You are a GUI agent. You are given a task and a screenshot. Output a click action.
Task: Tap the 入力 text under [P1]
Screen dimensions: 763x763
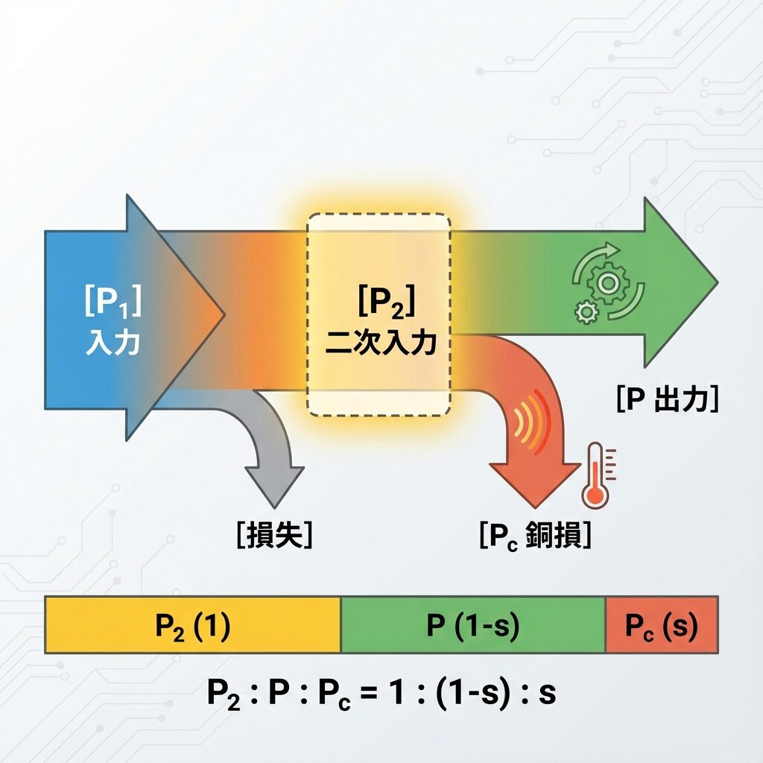[113, 343]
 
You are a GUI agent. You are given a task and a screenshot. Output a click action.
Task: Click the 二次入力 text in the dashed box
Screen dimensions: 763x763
[380, 344]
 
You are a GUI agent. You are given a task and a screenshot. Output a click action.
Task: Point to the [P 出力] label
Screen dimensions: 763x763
[667, 401]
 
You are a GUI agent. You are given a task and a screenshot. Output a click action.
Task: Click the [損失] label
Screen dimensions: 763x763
[273, 536]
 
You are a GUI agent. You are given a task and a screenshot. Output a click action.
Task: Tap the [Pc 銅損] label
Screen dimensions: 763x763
[536, 536]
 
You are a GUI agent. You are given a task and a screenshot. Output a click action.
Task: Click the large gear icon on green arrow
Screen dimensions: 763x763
[607, 282]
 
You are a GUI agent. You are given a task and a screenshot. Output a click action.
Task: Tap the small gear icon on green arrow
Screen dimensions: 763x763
[586, 311]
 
